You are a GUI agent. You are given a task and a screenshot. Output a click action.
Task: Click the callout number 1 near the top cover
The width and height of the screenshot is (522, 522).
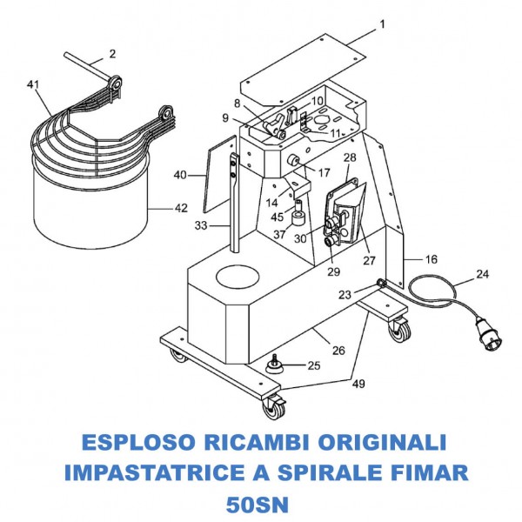(381, 23)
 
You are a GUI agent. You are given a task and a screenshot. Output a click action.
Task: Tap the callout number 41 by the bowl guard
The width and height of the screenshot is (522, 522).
(34, 84)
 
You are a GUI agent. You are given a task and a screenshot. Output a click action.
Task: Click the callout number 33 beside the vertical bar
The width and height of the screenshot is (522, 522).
(201, 225)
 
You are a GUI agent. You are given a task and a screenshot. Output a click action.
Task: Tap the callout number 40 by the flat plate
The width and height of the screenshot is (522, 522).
(180, 175)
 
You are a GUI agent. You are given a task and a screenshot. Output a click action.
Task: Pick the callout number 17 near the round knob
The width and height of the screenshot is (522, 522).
(324, 171)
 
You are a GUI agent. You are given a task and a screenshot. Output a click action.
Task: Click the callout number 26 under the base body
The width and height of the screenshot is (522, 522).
(338, 351)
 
